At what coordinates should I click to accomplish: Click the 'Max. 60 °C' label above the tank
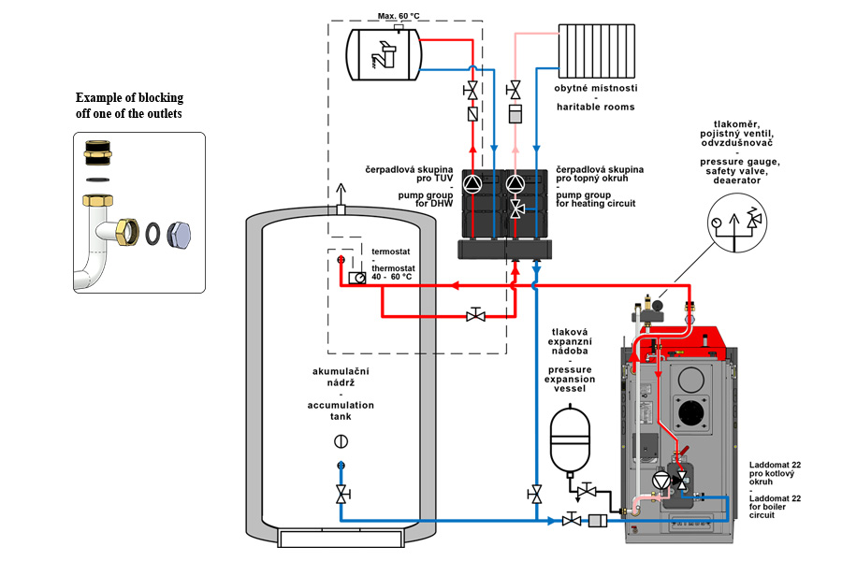pos(399,15)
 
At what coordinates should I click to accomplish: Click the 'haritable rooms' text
pos(596,107)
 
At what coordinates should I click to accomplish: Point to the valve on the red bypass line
pos(475,315)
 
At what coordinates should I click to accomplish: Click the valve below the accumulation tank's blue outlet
pos(342,492)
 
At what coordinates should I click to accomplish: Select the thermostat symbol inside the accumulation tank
pos(356,278)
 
